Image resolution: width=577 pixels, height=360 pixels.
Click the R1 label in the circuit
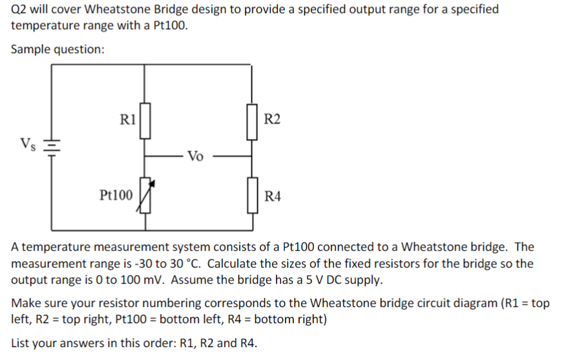tap(127, 119)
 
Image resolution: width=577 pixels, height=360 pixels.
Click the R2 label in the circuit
tap(273, 119)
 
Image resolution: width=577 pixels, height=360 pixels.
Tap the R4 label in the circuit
tap(273, 195)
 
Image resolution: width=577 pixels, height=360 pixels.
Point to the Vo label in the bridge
tap(196, 156)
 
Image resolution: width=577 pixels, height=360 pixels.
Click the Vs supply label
tap(28, 143)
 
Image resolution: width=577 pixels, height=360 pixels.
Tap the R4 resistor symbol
tap(251, 195)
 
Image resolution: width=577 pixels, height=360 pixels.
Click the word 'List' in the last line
tap(21, 343)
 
